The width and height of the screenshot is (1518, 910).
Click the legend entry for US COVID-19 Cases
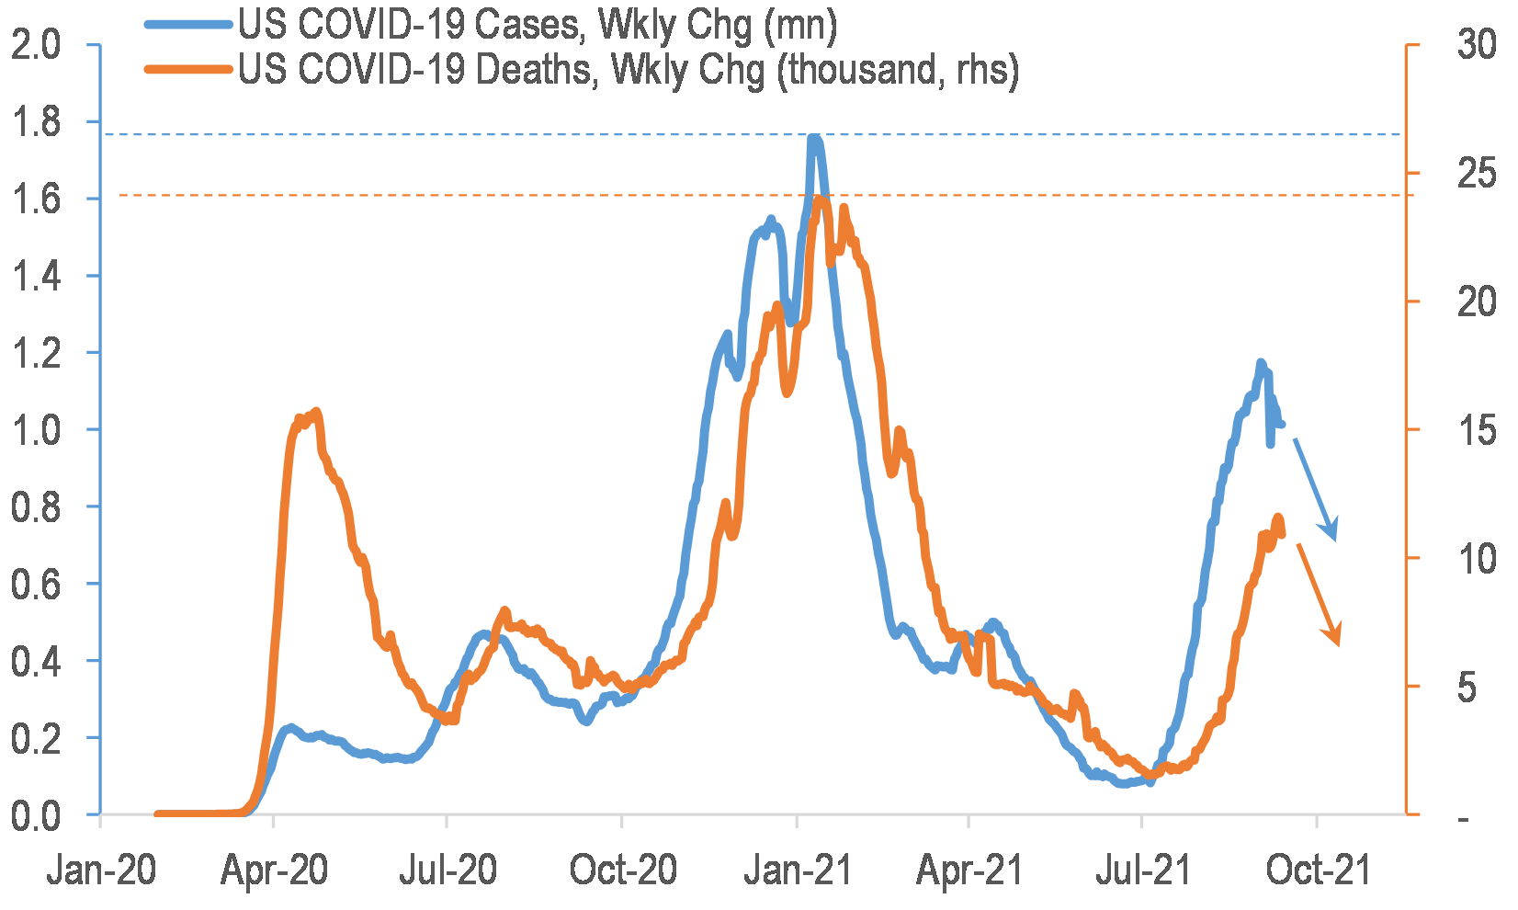pos(537,25)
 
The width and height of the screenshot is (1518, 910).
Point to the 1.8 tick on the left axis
pos(35,121)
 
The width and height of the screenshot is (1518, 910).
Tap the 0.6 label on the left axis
pos(35,584)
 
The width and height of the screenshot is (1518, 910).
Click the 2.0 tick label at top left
pos(35,45)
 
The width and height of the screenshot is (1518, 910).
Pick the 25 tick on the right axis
pos(1477,174)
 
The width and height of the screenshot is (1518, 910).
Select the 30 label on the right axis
pos(1477,45)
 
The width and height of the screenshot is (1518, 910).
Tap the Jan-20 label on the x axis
pos(101,870)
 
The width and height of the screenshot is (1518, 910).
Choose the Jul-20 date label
pos(447,870)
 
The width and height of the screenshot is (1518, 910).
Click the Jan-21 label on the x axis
pos(797,870)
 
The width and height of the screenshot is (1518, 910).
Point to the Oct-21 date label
pos(1318,870)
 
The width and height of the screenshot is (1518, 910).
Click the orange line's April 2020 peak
pos(315,412)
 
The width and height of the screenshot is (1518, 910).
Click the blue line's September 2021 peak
pos(1261,363)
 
